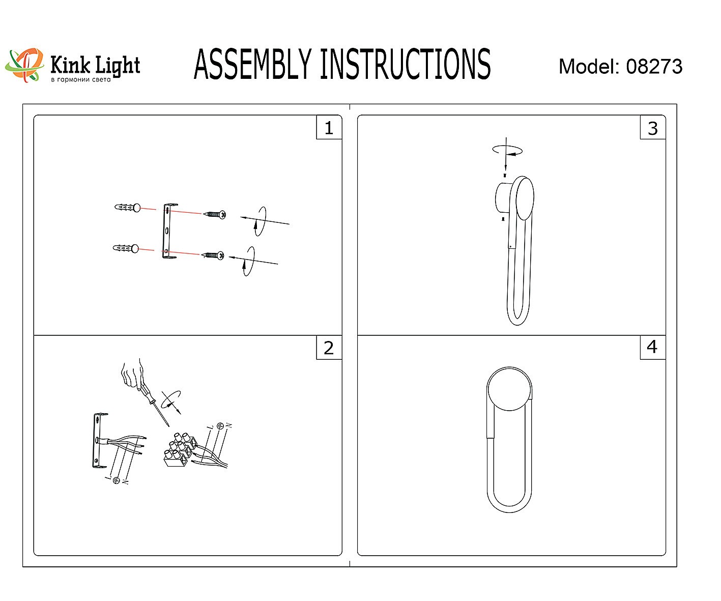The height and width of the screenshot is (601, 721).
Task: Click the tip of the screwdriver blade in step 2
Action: (169, 426)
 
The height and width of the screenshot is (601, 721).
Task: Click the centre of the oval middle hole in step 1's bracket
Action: (167, 230)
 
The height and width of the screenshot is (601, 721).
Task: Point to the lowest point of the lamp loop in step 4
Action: (509, 512)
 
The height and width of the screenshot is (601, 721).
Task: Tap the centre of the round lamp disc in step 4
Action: (509, 389)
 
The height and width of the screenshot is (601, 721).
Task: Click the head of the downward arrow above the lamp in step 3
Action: (506, 166)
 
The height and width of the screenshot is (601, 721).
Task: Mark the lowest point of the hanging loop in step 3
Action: (517, 325)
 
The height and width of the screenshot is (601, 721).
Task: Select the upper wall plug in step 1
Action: (128, 208)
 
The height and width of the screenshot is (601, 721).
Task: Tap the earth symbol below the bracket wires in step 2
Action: (117, 480)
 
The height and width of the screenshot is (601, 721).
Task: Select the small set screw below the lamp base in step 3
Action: (503, 218)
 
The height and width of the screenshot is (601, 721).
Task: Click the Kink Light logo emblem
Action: (24, 65)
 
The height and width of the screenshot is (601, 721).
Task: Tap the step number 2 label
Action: (329, 348)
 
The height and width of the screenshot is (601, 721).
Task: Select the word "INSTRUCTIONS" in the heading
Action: (406, 64)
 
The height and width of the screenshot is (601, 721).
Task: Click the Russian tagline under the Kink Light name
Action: (81, 79)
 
